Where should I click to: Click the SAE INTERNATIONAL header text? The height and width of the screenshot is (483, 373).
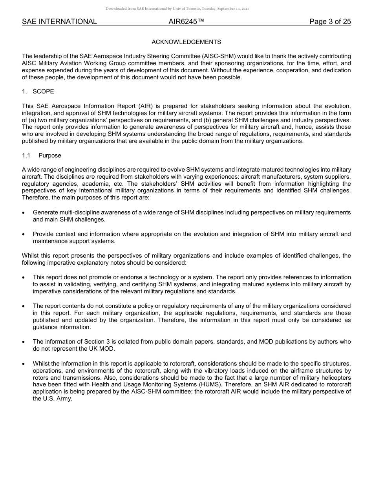[59, 22]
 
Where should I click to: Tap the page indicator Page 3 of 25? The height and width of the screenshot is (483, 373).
[330, 22]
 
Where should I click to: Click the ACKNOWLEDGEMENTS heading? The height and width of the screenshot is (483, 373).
[186, 42]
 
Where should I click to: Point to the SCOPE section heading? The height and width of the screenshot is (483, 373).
[43, 91]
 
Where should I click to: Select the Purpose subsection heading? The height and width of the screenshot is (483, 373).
[49, 156]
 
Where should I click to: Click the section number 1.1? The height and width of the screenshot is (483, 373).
[26, 156]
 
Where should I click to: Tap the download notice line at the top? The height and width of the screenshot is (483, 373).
[177, 9]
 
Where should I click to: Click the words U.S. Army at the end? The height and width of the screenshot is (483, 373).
[59, 399]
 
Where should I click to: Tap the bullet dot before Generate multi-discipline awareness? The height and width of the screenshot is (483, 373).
[24, 213]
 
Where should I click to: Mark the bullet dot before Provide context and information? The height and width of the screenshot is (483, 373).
[24, 234]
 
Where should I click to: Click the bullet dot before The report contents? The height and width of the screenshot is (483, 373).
[24, 306]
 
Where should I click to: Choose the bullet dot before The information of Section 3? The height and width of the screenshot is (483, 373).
[24, 342]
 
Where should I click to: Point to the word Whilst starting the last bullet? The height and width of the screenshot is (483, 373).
[42, 363]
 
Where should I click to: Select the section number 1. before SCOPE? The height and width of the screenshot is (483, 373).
[24, 91]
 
